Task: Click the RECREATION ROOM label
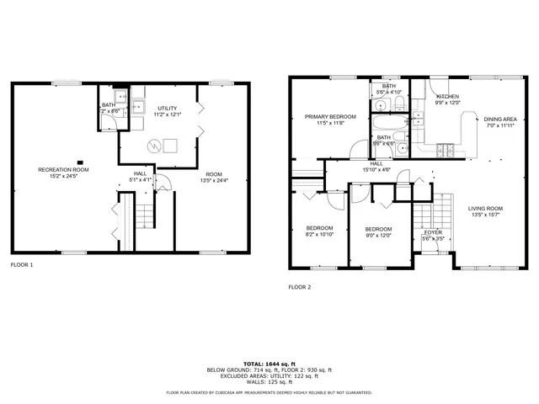point(64,170)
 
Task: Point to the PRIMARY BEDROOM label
point(331,116)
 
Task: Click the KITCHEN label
point(447,97)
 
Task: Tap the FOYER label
point(433,232)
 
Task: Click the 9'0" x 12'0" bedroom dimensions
point(378,235)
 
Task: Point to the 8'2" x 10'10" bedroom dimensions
point(319,234)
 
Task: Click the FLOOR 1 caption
point(22,265)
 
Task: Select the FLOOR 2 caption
point(300,287)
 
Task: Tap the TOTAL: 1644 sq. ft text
point(269,364)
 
